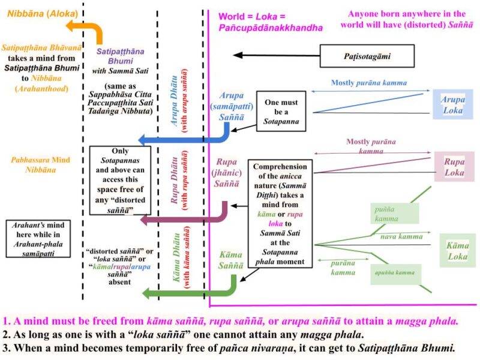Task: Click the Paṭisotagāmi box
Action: click(367, 56)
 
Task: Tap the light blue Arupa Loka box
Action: click(453, 104)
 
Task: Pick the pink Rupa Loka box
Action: click(454, 167)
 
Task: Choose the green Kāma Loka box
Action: click(458, 251)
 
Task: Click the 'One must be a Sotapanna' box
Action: click(281, 112)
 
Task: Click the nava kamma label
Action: click(401, 236)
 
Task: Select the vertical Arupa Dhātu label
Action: click(174, 101)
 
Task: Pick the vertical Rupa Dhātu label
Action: click(174, 180)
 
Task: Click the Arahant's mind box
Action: click(38, 239)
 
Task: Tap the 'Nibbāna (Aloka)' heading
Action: click(43, 13)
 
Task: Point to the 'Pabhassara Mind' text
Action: click(40, 160)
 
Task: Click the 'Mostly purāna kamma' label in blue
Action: click(369, 83)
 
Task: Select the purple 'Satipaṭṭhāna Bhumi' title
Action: click(121, 56)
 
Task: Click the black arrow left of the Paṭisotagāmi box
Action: click(277, 55)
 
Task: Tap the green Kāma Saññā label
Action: click(231, 260)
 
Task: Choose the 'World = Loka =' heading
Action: click(252, 17)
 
